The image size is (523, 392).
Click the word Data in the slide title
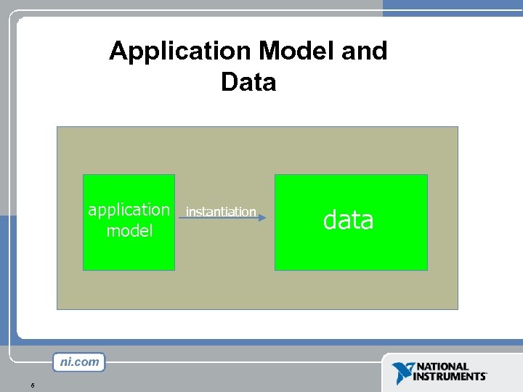[248, 82]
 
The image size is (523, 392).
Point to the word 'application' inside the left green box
[129, 210]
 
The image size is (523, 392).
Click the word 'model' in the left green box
[129, 231]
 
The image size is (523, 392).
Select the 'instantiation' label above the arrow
[221, 211]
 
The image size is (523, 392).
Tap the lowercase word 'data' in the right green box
[348, 219]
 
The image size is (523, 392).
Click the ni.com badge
[78, 362]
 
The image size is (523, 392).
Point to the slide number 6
[33, 385]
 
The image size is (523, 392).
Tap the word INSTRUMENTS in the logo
[450, 377]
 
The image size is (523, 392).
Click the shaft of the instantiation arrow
[218, 216]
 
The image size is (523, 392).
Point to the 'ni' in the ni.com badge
[65, 362]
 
